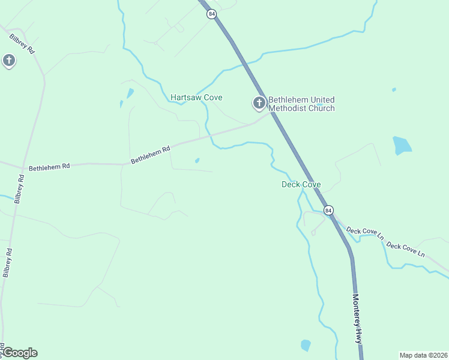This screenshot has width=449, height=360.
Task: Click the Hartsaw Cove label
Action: click(x=196, y=97)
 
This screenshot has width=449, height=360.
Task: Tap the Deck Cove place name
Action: click(x=301, y=184)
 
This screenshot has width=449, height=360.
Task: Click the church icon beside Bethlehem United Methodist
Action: click(x=259, y=103)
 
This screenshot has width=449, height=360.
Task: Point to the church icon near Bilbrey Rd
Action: click(x=9, y=60)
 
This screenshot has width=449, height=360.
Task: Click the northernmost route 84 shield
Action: click(x=211, y=14)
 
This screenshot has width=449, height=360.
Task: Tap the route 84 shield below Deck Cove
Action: click(x=328, y=210)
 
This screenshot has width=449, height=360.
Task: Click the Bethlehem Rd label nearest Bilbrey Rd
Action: click(x=49, y=166)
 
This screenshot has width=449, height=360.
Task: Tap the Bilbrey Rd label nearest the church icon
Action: click(x=22, y=45)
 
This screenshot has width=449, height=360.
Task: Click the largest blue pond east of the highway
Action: click(x=402, y=146)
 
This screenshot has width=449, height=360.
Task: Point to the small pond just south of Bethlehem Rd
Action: click(x=197, y=160)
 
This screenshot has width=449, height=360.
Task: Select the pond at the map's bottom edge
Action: click(x=306, y=345)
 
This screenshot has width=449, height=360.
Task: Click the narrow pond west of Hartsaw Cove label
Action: click(x=130, y=93)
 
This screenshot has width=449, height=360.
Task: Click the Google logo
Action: click(x=19, y=353)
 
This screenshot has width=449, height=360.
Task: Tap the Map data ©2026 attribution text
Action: click(x=423, y=355)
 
